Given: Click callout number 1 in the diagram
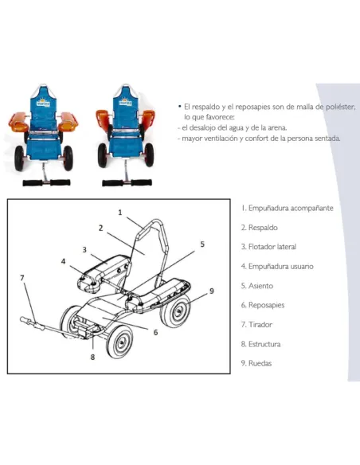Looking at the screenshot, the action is [120, 213].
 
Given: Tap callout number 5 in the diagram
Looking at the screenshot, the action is [202, 244].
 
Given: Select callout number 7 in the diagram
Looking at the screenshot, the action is [22, 278].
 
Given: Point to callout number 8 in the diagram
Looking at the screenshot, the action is [92, 357].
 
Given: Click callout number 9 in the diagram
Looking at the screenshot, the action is [211, 291].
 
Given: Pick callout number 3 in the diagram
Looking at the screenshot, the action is [84, 250].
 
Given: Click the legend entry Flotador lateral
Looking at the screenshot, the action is [268, 247].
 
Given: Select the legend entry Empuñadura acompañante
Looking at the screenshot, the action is [288, 208].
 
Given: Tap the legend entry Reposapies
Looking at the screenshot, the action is [263, 305].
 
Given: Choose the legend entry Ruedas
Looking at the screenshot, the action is [256, 363].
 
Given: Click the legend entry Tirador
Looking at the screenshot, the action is [256, 324].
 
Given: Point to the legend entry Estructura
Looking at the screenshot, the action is [261, 344].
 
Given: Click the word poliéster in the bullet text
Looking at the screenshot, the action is [340, 107].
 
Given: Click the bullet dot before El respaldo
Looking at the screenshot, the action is [179, 106].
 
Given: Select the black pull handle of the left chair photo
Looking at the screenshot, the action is [46, 182].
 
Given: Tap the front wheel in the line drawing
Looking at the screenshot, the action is [120, 342].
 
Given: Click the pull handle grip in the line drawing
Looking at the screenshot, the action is [32, 323].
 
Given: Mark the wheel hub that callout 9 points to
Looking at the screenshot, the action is [179, 311].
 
